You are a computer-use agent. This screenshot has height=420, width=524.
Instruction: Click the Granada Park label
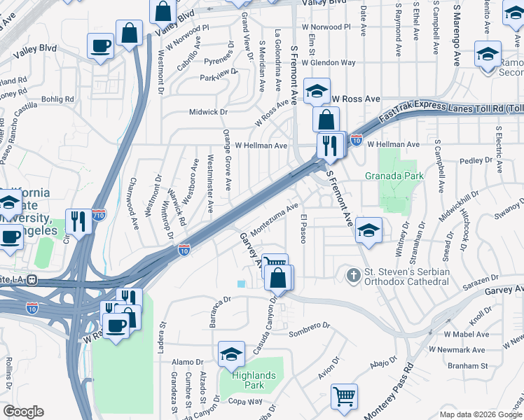click(x=394, y=176)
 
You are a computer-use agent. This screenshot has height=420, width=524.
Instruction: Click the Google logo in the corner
click(x=23, y=412)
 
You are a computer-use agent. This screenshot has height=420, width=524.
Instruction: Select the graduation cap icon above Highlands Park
click(x=231, y=355)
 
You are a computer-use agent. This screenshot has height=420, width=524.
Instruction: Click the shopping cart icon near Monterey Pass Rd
click(x=344, y=397)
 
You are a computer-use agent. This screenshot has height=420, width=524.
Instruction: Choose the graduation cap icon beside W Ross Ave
click(x=317, y=91)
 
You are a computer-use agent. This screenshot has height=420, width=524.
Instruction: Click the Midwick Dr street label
click(x=209, y=112)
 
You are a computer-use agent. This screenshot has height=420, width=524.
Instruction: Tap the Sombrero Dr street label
click(x=309, y=326)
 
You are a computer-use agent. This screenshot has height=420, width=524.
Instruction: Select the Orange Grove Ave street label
click(x=227, y=160)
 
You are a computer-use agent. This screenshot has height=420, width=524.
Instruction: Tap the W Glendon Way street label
click(x=329, y=63)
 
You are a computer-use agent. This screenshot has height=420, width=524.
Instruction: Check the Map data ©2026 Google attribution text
click(x=481, y=414)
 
